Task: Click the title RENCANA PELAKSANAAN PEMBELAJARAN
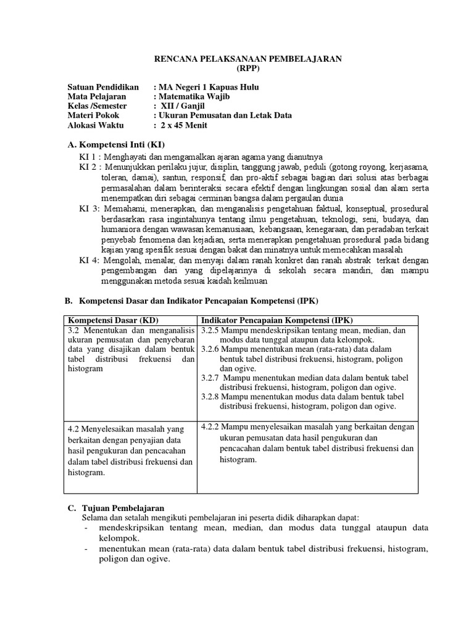(247, 58)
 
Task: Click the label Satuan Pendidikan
(101, 87)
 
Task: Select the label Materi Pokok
(93, 115)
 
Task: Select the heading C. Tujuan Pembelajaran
(115, 507)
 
